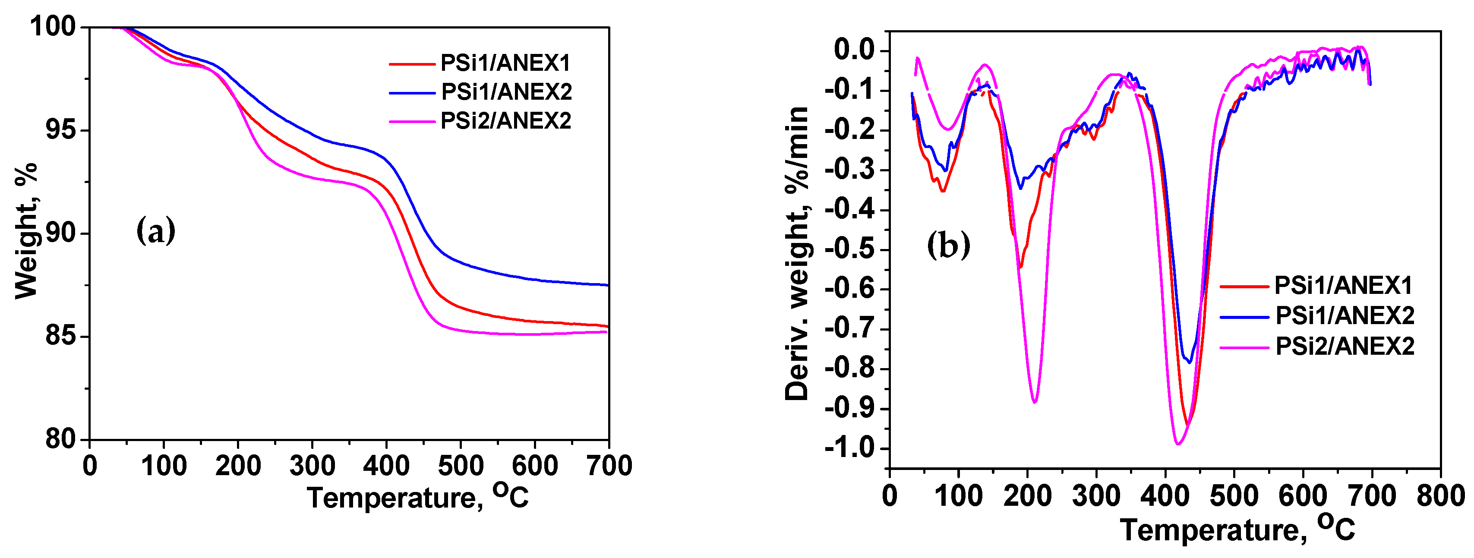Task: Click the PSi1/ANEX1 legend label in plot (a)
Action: (x=505, y=63)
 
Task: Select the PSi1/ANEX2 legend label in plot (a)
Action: (x=506, y=91)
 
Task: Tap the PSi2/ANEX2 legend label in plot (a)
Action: (x=506, y=121)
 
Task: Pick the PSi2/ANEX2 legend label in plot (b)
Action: (x=1345, y=346)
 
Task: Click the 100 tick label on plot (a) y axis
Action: (x=53, y=26)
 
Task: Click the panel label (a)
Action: (x=156, y=231)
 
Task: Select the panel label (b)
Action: (x=948, y=245)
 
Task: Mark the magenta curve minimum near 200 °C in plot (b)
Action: (x=1035, y=402)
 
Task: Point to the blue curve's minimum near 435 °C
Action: (x=1190, y=362)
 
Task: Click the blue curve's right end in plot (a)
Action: (x=607, y=284)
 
